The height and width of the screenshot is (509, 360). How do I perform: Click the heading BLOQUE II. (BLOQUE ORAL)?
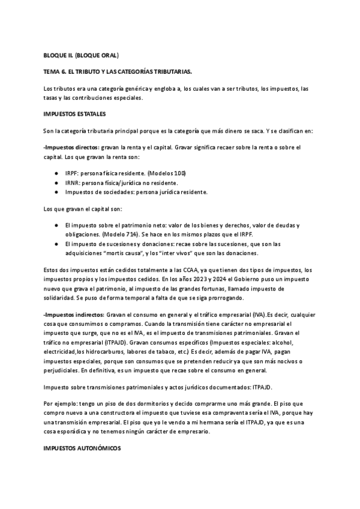click(x=81, y=56)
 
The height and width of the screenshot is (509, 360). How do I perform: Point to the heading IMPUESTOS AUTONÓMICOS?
click(x=82, y=448)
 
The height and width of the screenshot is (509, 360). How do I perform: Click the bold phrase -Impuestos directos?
click(x=69, y=147)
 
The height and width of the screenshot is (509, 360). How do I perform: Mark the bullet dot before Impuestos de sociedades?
click(x=56, y=192)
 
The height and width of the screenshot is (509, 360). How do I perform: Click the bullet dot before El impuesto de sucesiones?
click(x=56, y=244)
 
